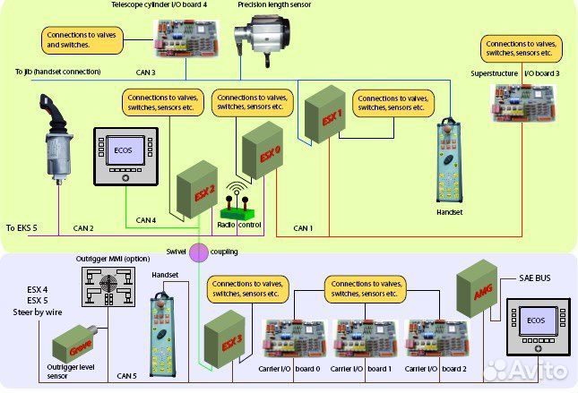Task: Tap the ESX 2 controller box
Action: click(x=196, y=189)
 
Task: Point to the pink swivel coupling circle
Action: click(x=197, y=252)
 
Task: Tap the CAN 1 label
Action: click(x=304, y=228)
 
